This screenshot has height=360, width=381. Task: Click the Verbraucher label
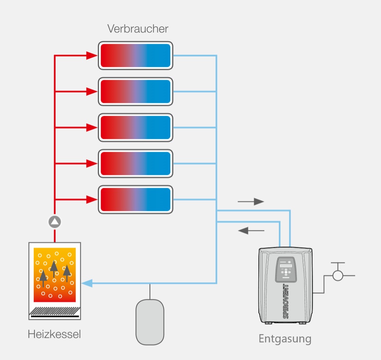[x=138, y=29]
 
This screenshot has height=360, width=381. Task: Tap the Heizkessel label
[x=54, y=335]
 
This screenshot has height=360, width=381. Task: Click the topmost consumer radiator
[x=135, y=56]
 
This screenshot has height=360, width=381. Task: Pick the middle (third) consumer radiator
[x=135, y=128]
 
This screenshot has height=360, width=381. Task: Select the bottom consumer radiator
[x=135, y=200]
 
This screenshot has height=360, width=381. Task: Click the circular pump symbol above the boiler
[x=55, y=222]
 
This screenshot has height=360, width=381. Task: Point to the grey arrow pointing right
[x=251, y=202]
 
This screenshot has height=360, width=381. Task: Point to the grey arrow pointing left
[x=251, y=230]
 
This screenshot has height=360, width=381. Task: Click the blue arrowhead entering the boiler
[x=87, y=283]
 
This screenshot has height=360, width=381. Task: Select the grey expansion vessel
[x=150, y=322]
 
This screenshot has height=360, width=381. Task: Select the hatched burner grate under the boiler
[x=55, y=311]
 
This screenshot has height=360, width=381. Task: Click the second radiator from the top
[x=135, y=92]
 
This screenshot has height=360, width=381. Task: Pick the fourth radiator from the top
[x=135, y=164]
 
